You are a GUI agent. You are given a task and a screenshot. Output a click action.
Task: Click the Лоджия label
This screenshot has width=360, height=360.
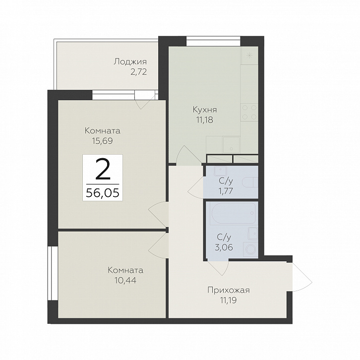coord(130,62)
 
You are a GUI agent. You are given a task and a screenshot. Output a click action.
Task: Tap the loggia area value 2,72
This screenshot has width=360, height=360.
coord(138,72)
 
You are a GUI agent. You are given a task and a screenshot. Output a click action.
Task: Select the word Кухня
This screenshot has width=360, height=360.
coord(205,110)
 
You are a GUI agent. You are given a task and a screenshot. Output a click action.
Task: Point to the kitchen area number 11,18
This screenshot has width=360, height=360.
coord(205,120)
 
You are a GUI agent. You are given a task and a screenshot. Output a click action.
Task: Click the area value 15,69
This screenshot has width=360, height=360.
coord(103,141)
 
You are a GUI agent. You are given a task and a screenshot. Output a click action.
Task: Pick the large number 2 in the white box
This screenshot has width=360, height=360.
coord(103,170)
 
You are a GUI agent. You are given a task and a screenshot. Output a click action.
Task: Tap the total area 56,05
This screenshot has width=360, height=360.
coord(103,193)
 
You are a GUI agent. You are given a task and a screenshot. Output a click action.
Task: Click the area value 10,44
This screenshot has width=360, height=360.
coord(125,280)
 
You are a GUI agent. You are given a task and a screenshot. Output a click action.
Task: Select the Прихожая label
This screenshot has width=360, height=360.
coord(229,290)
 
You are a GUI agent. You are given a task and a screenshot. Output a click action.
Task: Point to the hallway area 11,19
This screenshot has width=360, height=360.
coord(229,300)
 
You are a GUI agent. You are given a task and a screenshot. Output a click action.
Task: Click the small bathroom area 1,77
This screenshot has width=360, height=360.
coord(226,191)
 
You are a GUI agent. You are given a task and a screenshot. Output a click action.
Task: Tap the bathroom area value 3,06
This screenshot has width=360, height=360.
coord(224,247)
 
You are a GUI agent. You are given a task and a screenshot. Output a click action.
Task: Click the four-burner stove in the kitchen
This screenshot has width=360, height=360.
coord(249,112)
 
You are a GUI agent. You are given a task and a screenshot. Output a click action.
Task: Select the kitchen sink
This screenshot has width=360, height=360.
coord(231,144)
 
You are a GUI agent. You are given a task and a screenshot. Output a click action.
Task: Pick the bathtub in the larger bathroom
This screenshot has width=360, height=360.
coord(234,214)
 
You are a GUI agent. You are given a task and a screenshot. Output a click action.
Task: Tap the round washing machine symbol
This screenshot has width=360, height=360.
coord(250,249)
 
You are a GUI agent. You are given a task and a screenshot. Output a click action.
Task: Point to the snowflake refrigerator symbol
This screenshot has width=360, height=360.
coord(249,56)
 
